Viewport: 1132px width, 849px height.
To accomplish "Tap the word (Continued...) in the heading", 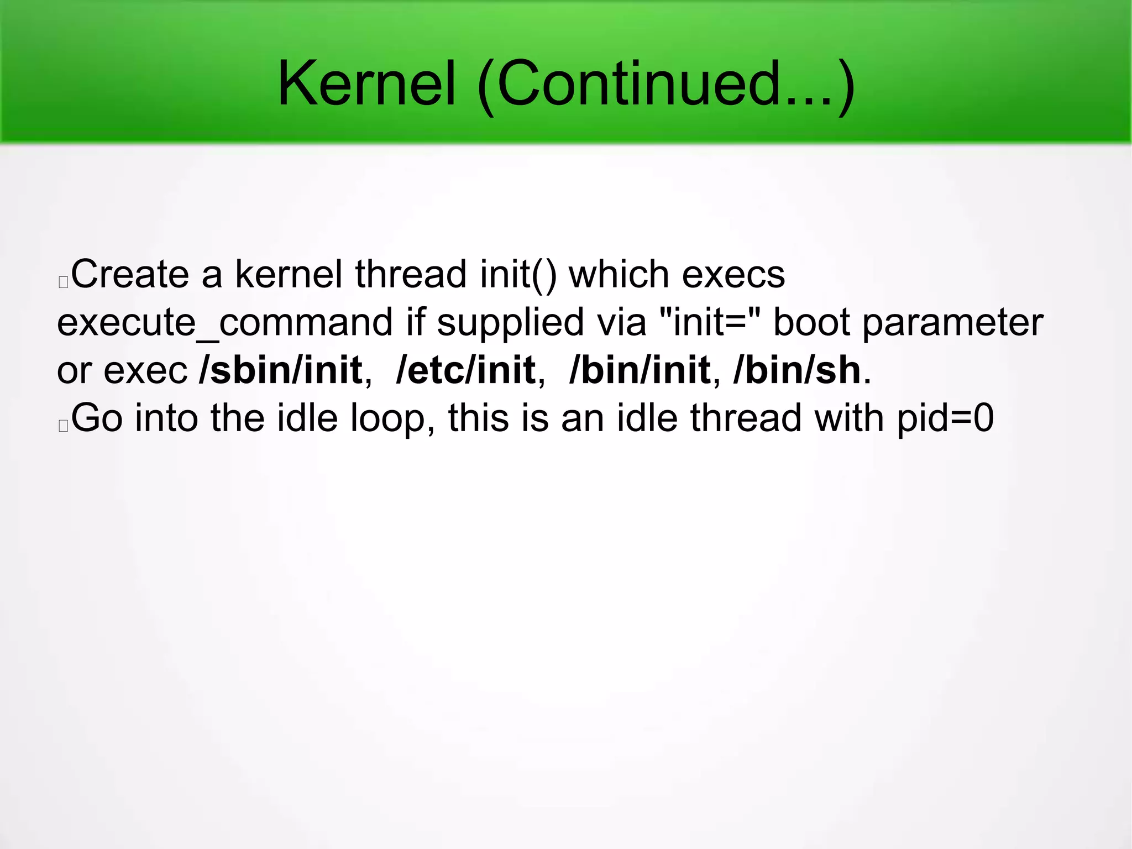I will tap(666, 86).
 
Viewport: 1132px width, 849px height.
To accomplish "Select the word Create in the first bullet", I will tap(130, 274).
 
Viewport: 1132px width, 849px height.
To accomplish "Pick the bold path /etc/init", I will tap(465, 370).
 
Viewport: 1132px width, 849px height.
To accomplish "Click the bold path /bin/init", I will tap(640, 370).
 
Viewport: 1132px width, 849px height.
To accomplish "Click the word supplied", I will tap(510, 323).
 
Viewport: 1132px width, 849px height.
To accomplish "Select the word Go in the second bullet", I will tap(97, 418).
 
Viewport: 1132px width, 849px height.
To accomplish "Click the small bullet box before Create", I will tap(63, 282).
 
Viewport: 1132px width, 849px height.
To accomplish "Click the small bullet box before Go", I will tap(63, 426).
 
